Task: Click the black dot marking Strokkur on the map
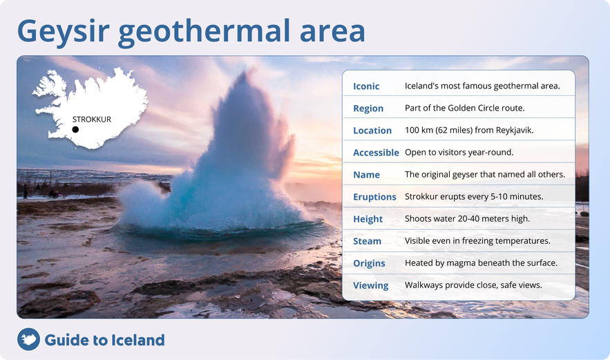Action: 75,129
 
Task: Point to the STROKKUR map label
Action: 92,120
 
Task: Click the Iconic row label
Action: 366,86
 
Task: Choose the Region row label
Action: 368,108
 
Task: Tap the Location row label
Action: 372,131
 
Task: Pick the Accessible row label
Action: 376,153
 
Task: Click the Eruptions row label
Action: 374,197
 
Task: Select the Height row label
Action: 368,219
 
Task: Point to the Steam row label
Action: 367,241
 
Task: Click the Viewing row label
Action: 370,285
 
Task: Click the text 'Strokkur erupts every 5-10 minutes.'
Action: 474,196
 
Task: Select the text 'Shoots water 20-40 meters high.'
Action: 467,218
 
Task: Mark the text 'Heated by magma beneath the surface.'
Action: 481,263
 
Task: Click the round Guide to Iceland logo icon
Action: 28,339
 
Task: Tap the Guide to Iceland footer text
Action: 104,340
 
